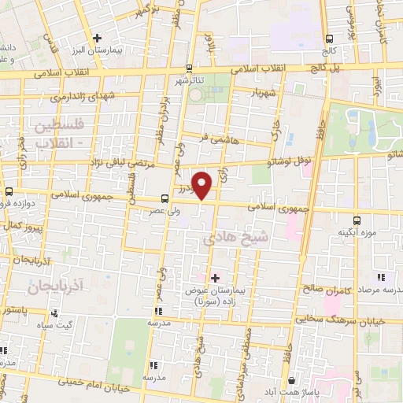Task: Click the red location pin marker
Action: [203, 185]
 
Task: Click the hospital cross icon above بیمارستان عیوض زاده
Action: [216, 278]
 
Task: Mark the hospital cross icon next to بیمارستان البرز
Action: [97, 37]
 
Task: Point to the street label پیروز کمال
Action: [21, 225]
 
